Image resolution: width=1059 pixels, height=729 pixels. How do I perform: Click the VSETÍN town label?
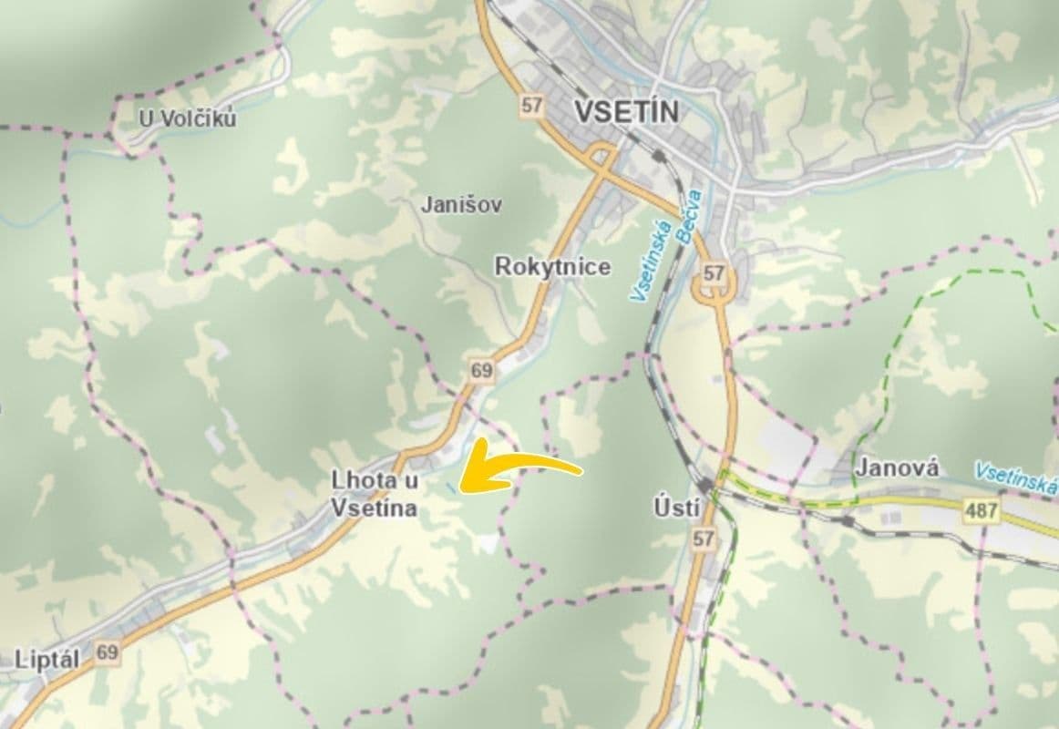(x=627, y=111)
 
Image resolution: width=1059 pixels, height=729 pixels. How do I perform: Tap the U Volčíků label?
(x=187, y=118)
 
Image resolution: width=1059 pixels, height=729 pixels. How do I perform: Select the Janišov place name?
(x=461, y=204)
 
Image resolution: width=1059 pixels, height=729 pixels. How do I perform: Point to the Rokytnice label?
(x=552, y=267)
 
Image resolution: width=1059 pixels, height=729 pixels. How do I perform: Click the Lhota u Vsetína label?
(x=375, y=495)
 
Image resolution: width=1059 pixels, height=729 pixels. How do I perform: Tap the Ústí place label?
(x=677, y=508)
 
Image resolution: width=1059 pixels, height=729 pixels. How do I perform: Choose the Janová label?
(x=897, y=467)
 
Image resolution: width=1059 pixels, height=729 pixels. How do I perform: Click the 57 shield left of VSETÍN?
(x=531, y=105)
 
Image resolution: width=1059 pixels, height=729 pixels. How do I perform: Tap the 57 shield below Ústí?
(x=702, y=539)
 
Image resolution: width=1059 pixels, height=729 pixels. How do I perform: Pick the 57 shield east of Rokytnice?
(x=715, y=273)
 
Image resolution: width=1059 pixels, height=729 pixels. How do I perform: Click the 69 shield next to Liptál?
(x=108, y=652)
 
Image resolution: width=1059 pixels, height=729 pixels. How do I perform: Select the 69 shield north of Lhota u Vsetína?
(x=481, y=370)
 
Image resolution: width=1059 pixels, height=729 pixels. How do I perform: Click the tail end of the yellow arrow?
(x=581, y=471)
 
